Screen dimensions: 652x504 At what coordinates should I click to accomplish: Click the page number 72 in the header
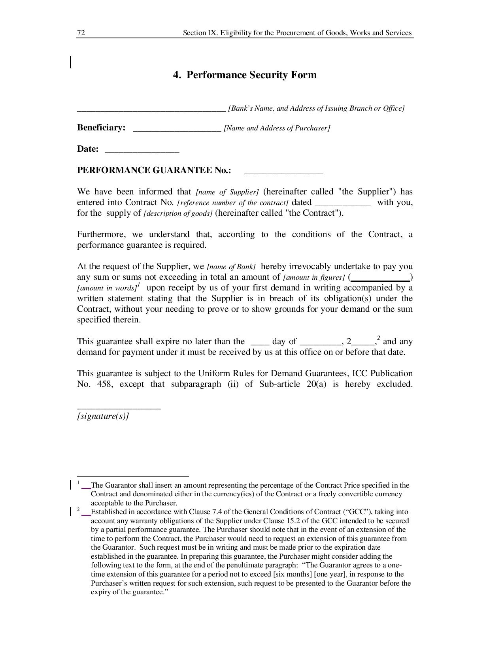(x=81, y=33)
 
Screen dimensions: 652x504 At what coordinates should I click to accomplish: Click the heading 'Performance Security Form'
(x=251, y=75)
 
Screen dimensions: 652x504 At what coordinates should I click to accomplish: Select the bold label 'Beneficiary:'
(x=101, y=128)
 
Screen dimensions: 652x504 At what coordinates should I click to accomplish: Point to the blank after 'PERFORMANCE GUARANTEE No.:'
(x=283, y=172)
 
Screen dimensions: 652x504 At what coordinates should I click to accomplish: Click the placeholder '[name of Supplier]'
(x=227, y=192)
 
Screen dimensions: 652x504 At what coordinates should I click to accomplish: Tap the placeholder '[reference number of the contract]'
(x=233, y=203)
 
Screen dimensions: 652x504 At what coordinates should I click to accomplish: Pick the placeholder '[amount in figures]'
(x=314, y=277)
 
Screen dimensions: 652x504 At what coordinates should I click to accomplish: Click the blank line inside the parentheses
(x=380, y=279)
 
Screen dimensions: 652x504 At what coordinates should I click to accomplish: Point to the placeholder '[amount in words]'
(x=106, y=288)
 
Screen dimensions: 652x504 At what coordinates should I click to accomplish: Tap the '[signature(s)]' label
(x=103, y=416)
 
